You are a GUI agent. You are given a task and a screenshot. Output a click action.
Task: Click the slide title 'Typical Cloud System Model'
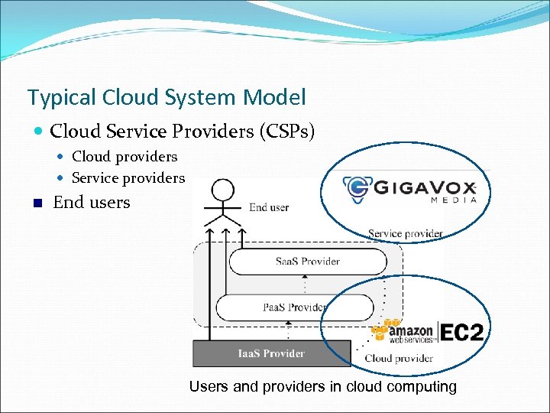click(167, 98)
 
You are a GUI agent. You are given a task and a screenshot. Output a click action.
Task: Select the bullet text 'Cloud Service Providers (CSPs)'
click(183, 132)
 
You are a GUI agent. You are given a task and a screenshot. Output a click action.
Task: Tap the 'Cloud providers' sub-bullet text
click(125, 157)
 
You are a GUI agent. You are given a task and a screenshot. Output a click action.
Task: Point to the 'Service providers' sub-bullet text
click(128, 178)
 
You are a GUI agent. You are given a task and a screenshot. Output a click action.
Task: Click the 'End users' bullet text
click(92, 203)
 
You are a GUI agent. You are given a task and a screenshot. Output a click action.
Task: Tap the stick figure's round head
click(222, 189)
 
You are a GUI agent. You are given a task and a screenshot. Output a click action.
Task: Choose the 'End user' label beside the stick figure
click(269, 207)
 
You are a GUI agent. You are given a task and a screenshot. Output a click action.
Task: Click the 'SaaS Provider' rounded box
click(309, 262)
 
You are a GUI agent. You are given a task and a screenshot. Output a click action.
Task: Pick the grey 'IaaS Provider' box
click(270, 353)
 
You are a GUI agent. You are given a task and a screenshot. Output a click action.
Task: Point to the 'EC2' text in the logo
click(462, 333)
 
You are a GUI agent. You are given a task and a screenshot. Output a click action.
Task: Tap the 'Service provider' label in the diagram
click(405, 233)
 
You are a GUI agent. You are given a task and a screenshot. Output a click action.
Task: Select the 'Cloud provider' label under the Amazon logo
click(399, 358)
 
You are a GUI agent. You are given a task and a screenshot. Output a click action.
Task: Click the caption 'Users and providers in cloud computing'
click(322, 387)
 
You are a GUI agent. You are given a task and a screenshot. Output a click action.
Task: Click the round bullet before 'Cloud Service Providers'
click(39, 132)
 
